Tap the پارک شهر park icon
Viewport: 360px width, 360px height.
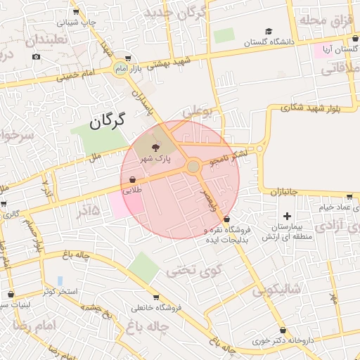point(155,146)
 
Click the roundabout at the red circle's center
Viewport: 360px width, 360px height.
point(193,167)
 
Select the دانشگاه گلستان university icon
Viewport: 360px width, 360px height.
point(268,32)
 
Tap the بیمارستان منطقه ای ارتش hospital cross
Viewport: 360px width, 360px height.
point(286,216)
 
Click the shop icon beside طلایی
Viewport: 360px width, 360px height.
point(133,179)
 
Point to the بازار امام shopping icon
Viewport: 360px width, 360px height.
point(127,58)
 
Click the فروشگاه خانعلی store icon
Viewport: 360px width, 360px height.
point(155,297)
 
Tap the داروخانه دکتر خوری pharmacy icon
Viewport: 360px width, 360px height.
point(283,330)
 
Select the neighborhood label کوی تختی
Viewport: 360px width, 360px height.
point(193,269)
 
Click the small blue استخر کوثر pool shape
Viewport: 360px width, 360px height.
point(60,281)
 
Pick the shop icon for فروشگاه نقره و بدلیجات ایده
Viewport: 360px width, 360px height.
point(226,220)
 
